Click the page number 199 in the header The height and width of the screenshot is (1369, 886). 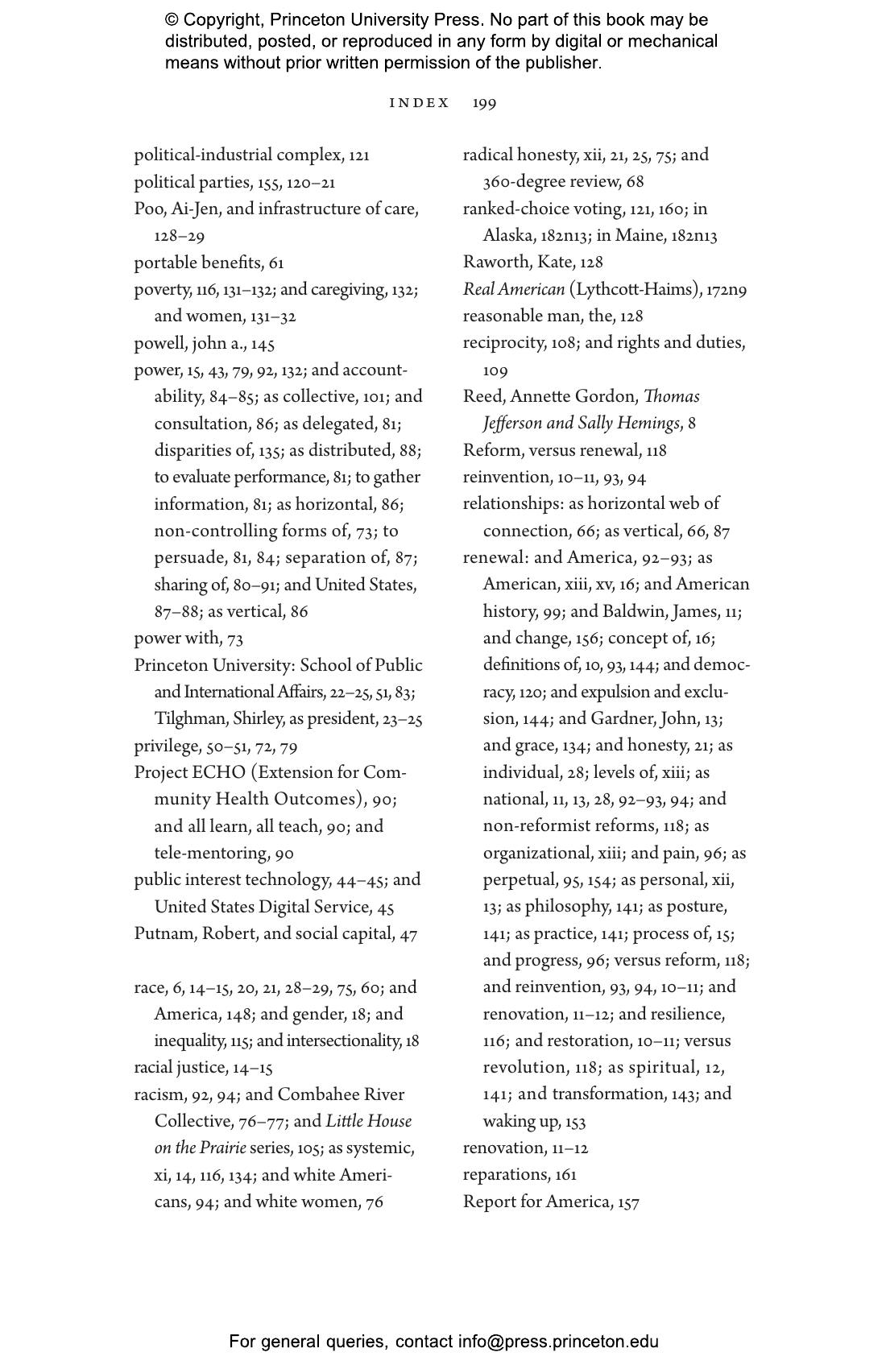point(484,103)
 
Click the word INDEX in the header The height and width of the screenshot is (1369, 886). point(419,103)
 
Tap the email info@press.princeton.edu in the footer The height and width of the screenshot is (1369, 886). point(558,1342)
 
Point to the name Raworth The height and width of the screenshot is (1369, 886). point(493,263)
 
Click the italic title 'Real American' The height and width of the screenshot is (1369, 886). point(513,290)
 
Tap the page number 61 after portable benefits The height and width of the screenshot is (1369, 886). point(276,263)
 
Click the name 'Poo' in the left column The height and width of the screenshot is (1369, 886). point(148,209)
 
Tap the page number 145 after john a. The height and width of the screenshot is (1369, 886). point(263,344)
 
